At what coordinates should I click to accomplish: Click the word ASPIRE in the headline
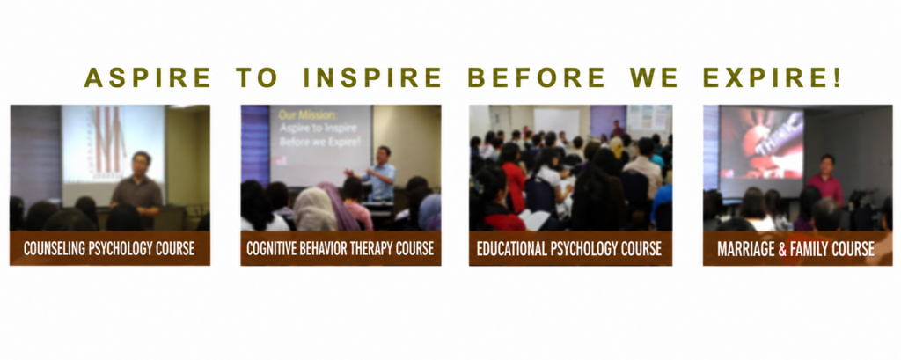[147, 77]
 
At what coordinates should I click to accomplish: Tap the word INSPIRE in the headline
[372, 77]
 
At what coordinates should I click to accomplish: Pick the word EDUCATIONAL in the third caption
[511, 249]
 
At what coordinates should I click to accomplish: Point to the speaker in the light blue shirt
[380, 175]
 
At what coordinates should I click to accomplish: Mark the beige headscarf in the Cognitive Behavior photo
[315, 209]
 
